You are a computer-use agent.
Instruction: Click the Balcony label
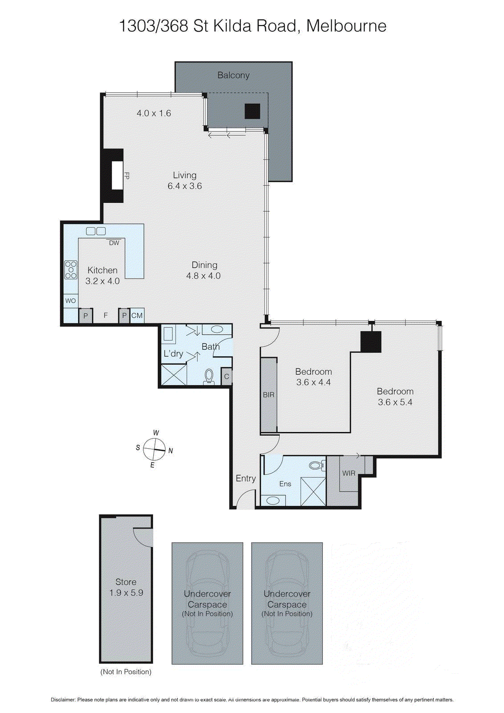pyautogui.click(x=233, y=75)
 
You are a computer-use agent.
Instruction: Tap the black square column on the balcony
pyautogui.click(x=252, y=111)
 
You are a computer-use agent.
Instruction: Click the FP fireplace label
pyautogui.click(x=126, y=175)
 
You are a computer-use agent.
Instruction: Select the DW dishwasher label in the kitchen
pyautogui.click(x=114, y=243)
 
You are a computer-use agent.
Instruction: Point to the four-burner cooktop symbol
pyautogui.click(x=71, y=270)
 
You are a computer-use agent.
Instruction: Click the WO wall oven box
pyautogui.click(x=70, y=301)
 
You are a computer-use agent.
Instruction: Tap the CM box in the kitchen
pyautogui.click(x=137, y=316)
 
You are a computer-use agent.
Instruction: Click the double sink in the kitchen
pyautogui.click(x=96, y=231)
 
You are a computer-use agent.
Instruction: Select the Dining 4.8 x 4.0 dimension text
pyautogui.click(x=203, y=276)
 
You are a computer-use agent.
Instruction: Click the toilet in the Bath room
pyautogui.click(x=209, y=377)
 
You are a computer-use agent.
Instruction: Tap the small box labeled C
pyautogui.click(x=227, y=377)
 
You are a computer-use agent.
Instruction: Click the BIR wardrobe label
pyautogui.click(x=268, y=395)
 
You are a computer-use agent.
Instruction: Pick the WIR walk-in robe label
pyautogui.click(x=349, y=473)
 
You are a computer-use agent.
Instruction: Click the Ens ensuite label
pyautogui.click(x=285, y=484)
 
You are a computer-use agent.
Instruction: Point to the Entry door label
pyautogui.click(x=245, y=478)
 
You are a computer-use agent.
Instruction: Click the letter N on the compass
pyautogui.click(x=171, y=451)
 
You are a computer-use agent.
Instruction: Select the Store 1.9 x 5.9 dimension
pyautogui.click(x=126, y=593)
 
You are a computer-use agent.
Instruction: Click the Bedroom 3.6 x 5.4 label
pyautogui.click(x=395, y=397)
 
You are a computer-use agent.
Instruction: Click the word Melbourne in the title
pyautogui.click(x=346, y=26)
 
